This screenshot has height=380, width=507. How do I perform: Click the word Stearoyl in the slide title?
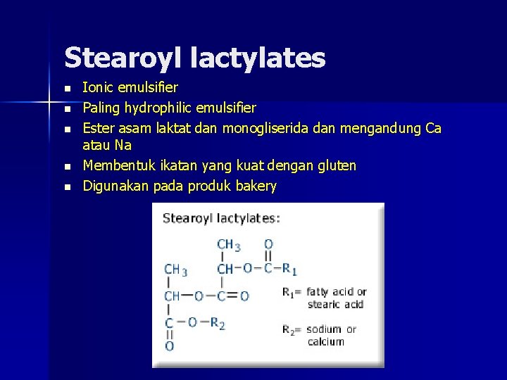123,58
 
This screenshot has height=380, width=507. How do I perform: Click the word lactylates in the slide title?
258,58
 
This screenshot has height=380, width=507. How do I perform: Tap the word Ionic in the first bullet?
96,88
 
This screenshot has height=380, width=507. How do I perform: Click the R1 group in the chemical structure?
290,268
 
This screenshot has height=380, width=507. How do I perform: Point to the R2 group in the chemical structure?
217,322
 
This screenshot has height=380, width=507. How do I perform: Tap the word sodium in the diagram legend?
324,329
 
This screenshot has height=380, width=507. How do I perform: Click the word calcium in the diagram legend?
326,342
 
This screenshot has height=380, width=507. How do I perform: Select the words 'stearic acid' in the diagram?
335,304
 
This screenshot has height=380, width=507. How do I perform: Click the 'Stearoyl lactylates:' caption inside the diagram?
221,218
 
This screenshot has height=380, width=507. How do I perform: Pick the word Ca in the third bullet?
433,128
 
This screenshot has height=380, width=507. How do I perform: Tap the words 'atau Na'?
107,146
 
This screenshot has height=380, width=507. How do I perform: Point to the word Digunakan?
113,186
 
